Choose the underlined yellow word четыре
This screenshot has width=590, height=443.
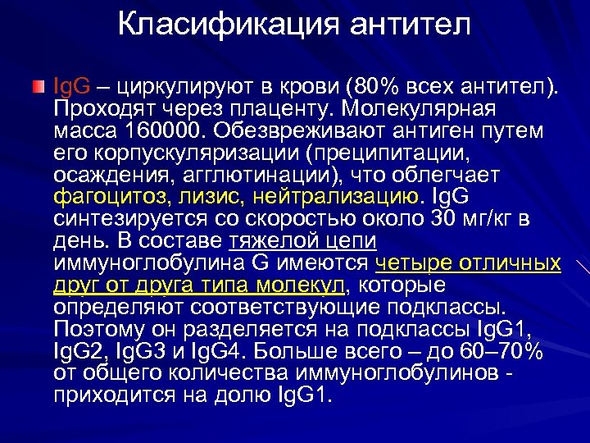[409, 263]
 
